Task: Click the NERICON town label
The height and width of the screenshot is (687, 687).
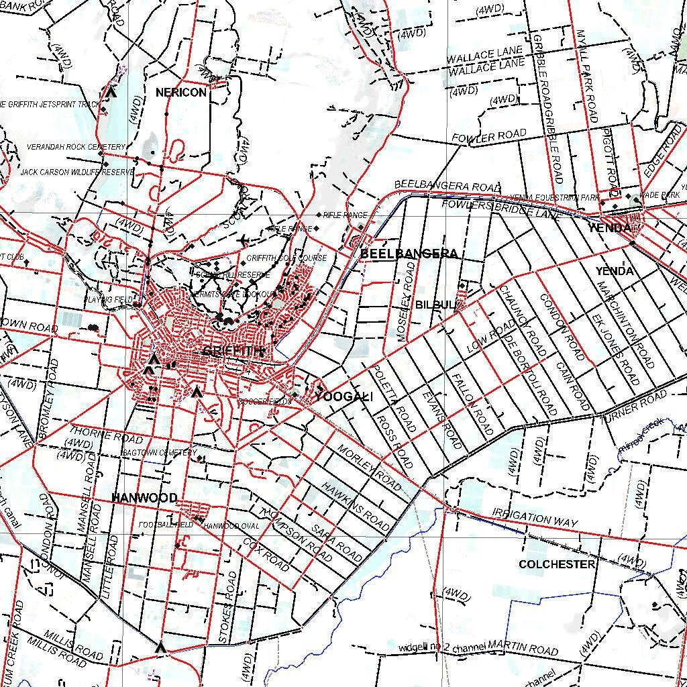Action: tap(181, 93)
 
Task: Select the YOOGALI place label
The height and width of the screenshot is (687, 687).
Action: tap(343, 397)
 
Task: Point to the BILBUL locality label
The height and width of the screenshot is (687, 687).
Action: tap(435, 305)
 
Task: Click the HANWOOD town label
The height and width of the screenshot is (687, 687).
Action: tap(144, 498)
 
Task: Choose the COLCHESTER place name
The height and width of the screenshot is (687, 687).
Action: tap(557, 564)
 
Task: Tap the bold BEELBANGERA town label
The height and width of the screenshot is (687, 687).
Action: tap(409, 254)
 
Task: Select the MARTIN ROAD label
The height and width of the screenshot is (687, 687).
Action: tap(523, 649)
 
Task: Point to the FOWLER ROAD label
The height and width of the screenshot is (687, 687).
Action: tap(489, 136)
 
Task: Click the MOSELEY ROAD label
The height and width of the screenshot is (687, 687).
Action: tap(406, 302)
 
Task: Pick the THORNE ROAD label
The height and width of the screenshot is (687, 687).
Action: tap(107, 434)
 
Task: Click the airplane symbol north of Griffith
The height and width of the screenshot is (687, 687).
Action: tap(244, 240)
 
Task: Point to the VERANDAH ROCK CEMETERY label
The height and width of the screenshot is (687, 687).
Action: tap(76, 147)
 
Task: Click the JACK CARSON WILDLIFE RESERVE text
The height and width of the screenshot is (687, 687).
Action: tap(77, 172)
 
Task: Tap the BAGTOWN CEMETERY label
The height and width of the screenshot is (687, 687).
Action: tap(159, 453)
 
